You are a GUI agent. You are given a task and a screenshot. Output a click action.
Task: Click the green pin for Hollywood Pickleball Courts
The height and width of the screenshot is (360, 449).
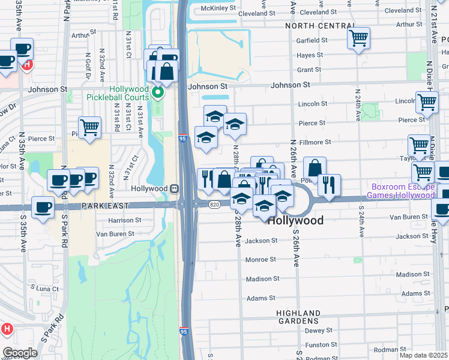click(x=157, y=92)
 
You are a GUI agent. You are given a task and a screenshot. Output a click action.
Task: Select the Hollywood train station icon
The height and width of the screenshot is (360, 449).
click(x=173, y=188)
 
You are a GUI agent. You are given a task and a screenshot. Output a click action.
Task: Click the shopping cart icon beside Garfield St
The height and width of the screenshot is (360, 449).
click(x=358, y=38)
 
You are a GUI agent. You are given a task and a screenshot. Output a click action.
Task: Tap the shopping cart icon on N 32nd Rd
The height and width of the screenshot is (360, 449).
click(x=89, y=127)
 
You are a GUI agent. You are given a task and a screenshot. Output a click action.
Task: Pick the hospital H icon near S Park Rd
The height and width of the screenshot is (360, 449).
click(x=7, y=329)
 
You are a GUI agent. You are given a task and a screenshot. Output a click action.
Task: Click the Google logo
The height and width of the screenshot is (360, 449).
click(x=20, y=353)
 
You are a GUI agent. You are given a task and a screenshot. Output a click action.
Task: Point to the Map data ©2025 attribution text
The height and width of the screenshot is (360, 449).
click(x=423, y=355)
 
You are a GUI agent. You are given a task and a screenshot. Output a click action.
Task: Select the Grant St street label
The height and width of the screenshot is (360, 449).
click(x=309, y=70)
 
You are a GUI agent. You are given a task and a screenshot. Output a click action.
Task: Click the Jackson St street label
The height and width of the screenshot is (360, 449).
click(x=261, y=241)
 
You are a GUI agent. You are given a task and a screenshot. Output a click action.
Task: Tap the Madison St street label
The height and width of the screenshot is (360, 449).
click(x=263, y=278)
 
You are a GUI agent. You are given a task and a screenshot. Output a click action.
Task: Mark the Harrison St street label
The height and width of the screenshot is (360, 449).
click(x=125, y=220)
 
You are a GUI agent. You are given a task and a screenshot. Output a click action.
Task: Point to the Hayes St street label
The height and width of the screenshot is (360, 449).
click(x=310, y=55)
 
